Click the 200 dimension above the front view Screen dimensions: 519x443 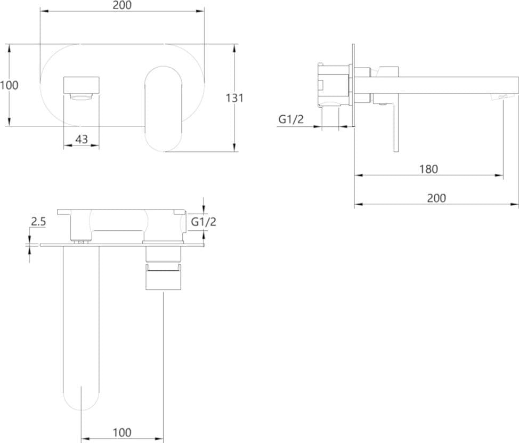point(122,5)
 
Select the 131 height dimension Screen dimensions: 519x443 point(234,98)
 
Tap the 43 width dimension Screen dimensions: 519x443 point(82,139)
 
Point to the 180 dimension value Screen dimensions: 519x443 point(428,169)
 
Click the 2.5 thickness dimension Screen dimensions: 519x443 point(38,222)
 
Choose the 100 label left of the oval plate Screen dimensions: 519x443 point(9,85)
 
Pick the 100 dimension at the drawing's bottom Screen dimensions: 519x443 point(122,432)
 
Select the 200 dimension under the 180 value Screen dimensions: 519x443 point(436,198)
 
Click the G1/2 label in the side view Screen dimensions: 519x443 point(290,119)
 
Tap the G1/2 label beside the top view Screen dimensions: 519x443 point(204,222)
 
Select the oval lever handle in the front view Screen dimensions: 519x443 point(163,109)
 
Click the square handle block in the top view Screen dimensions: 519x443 point(163,279)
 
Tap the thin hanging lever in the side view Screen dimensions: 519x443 point(396,127)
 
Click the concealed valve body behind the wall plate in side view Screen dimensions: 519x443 point(334,85)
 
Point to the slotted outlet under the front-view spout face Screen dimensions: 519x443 point(81,97)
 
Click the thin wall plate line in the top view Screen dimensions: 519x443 point(122,245)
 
